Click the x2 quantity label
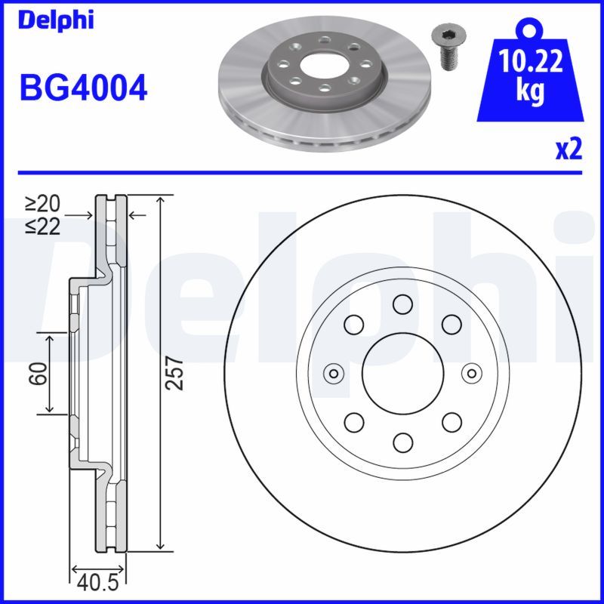569,149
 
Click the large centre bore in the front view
402,373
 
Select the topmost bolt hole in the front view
402,305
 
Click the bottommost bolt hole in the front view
402,442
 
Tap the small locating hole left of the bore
332,373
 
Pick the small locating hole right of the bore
471,373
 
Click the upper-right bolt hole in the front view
451,325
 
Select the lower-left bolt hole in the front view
353,421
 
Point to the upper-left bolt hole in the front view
353,325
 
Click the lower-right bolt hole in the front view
451,421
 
